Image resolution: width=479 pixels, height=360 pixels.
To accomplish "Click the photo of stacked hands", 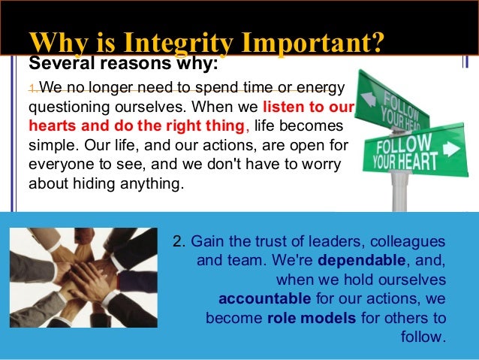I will tap(83, 277).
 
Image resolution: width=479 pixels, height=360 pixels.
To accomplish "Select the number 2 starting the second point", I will tap(177, 243).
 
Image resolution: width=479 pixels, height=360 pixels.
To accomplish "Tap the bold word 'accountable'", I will tap(258, 298).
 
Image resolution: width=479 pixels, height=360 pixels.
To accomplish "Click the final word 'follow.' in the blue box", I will tap(424, 336).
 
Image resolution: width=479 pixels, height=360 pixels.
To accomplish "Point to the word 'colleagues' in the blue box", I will tap(411, 243).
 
